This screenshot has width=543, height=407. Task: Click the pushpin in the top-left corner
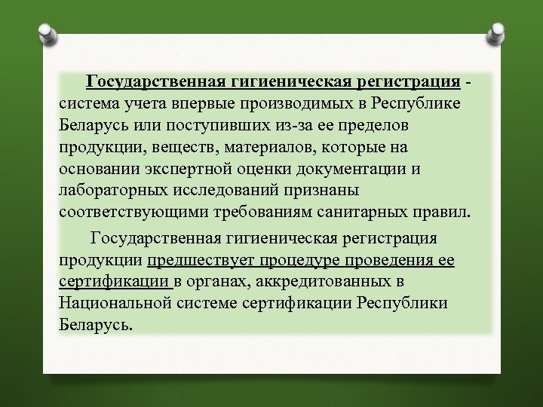click(x=46, y=34)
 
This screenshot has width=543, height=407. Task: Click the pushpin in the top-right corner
click(x=497, y=34)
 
